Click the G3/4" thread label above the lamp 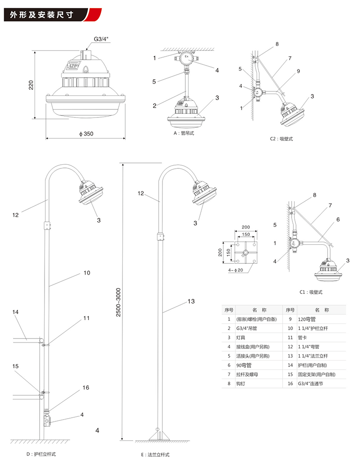[x=101, y=40]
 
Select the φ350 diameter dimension [x=85, y=134]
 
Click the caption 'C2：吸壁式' [x=281, y=139]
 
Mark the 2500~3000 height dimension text [x=118, y=302]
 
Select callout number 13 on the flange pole [x=191, y=301]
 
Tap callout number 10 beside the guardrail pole [x=87, y=273]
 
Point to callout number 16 [x=85, y=388]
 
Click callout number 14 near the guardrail [x=15, y=312]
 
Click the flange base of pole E [x=157, y=436]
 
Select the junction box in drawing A [x=185, y=59]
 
